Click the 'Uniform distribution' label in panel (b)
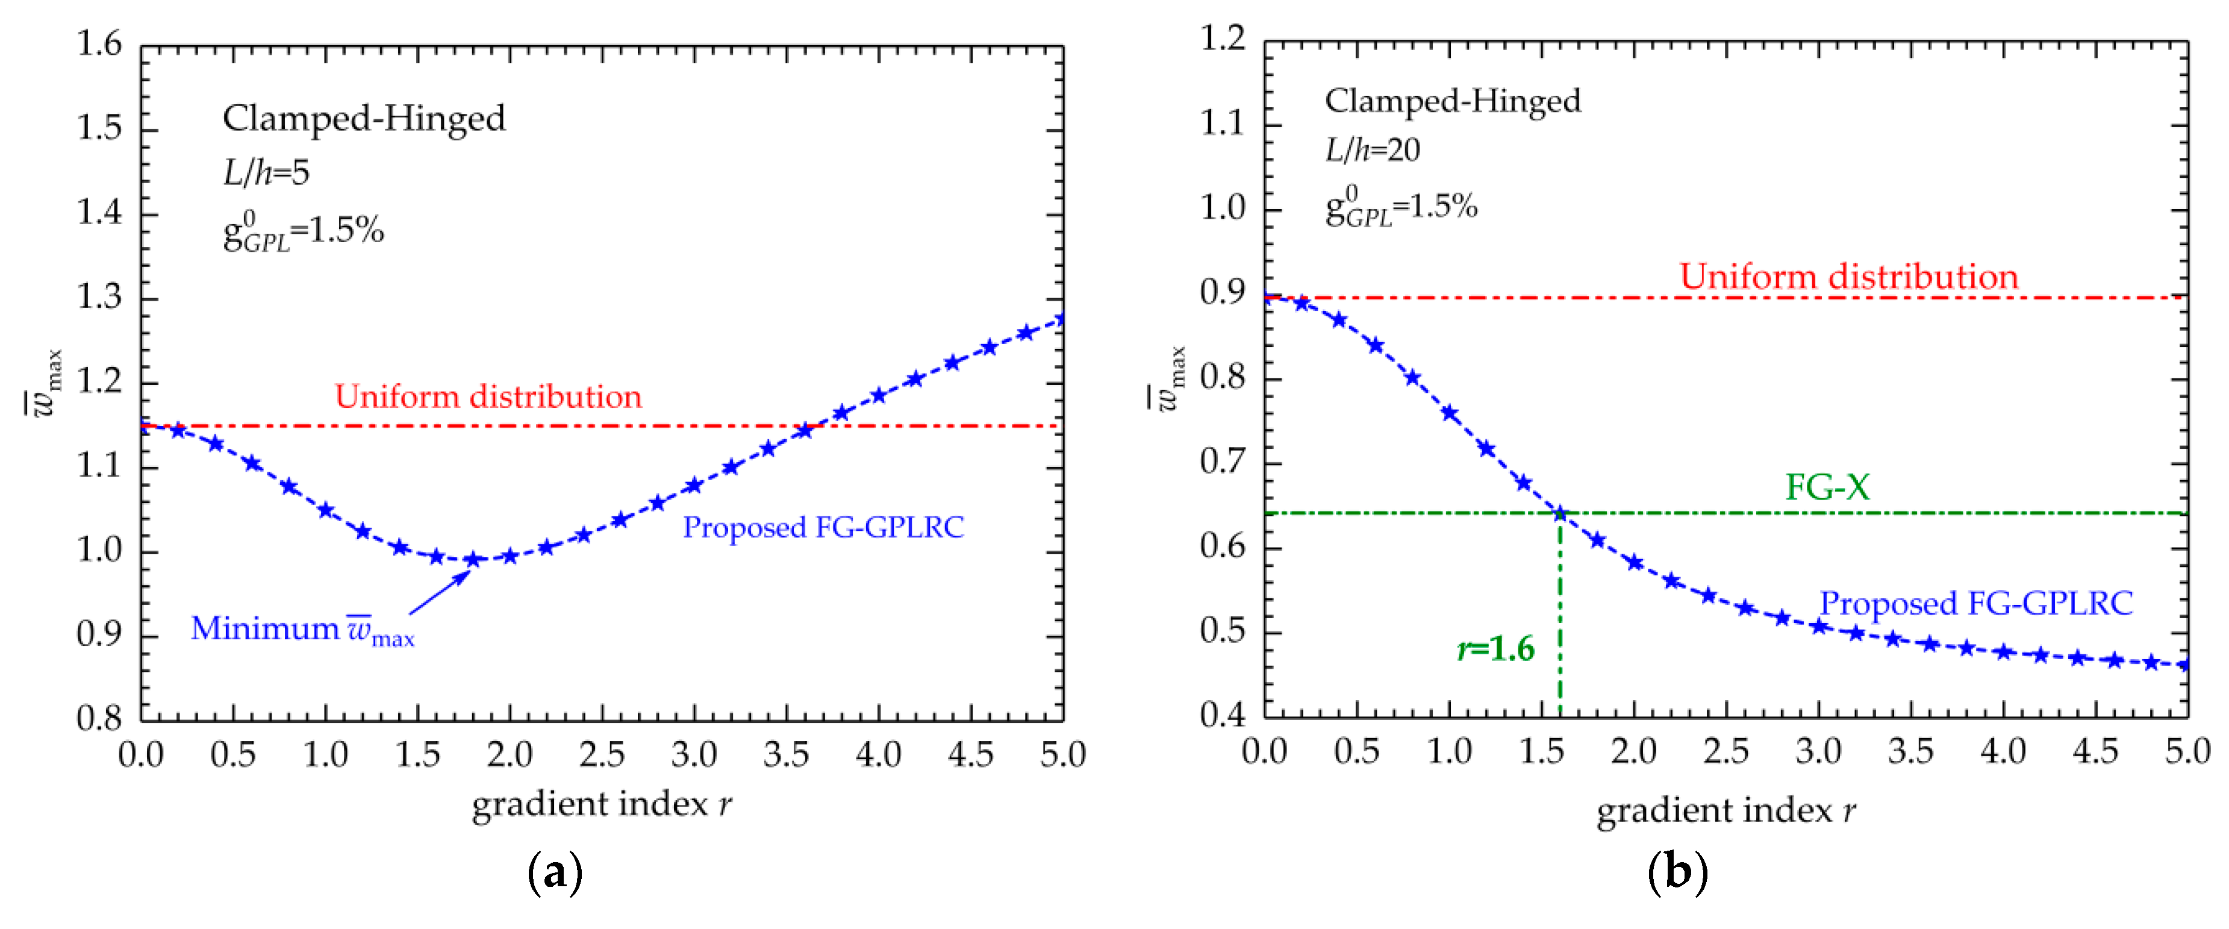click(1848, 277)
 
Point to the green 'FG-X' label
click(1827, 487)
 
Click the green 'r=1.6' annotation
click(1496, 648)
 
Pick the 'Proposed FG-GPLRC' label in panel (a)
click(823, 527)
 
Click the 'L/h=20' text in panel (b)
click(1373, 151)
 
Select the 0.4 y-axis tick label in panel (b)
click(1223, 715)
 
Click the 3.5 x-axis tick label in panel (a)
click(786, 755)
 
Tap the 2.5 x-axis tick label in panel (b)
click(1726, 751)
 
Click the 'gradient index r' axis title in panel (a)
click(602, 804)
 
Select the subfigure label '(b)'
click(1677, 871)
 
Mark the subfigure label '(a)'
click(555, 873)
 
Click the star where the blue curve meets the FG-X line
click(1560, 513)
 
